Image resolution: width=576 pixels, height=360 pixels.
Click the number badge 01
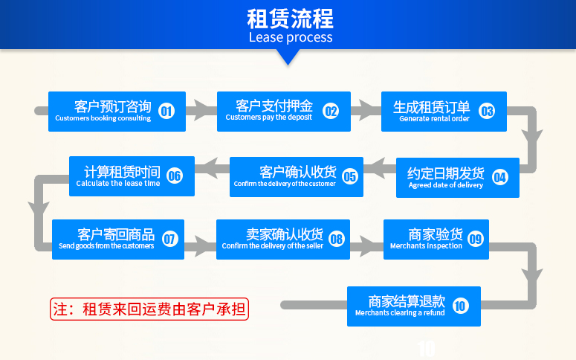pyautogui.click(x=166, y=111)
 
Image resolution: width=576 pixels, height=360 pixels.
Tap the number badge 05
pyautogui.click(x=350, y=176)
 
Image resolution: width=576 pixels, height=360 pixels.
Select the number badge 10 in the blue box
pyautogui.click(x=461, y=306)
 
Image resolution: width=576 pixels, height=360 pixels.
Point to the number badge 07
pyautogui.click(x=169, y=239)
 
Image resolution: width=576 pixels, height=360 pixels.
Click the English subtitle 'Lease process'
pyautogui.click(x=291, y=37)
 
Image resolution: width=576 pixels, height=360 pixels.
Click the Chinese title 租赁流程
pyautogui.click(x=290, y=19)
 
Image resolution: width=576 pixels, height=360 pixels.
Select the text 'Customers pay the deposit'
pyautogui.click(x=269, y=118)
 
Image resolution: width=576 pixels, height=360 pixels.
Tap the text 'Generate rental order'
pyautogui.click(x=434, y=119)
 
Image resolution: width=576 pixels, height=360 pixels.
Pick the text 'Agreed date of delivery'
pyautogui.click(x=446, y=185)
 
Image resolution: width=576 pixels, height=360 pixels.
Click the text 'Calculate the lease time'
pyautogui.click(x=118, y=183)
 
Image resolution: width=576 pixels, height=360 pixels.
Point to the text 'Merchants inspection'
pyautogui.click(x=426, y=245)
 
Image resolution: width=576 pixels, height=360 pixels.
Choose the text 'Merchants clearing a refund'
pyautogui.click(x=400, y=313)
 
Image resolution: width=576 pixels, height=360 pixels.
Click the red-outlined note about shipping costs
pyautogui.click(x=149, y=309)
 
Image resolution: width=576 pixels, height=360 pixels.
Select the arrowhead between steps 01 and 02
pyautogui.click(x=203, y=110)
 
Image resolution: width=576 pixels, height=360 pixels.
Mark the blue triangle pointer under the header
pyautogui.click(x=288, y=57)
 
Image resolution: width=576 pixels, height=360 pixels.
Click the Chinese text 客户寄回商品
pyautogui.click(x=116, y=234)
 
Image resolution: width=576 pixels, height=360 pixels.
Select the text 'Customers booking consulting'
pyautogui.click(x=103, y=118)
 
